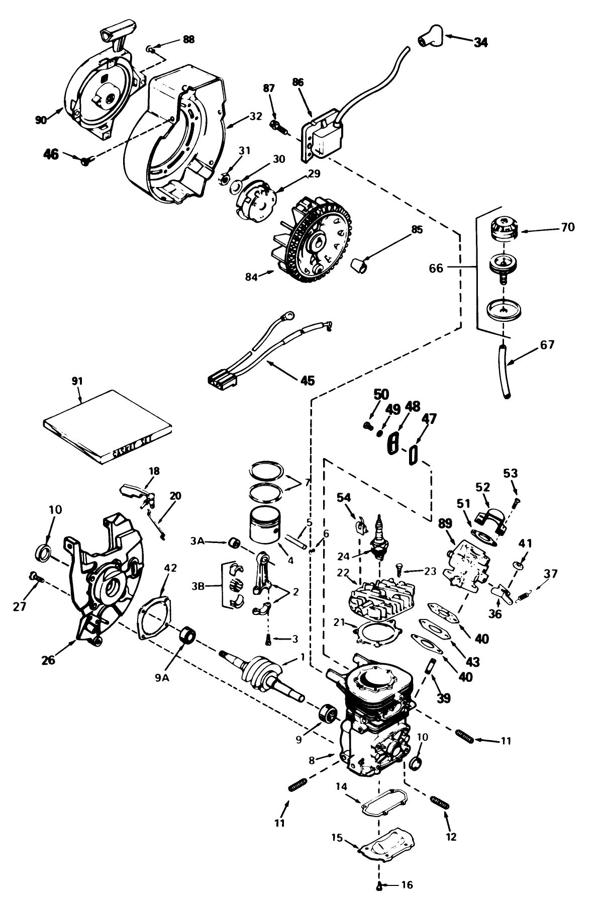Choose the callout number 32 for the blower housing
point(256,116)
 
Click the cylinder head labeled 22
point(377,595)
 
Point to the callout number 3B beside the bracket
point(197,586)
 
